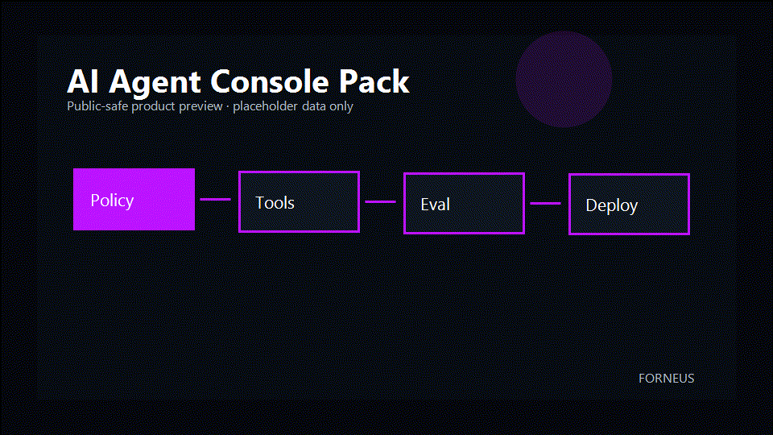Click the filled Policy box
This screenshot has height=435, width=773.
coord(134,199)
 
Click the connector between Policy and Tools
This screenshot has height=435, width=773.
coord(216,199)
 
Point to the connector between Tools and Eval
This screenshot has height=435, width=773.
coord(381,201)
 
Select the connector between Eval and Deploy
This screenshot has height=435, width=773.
coord(545,203)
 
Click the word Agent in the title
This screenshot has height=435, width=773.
coord(155,82)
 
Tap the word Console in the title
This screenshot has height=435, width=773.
coord(269,81)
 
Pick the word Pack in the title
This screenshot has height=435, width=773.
coord(374,81)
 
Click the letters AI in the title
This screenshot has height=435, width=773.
coord(83,81)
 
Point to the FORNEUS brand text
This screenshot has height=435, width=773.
coord(666,379)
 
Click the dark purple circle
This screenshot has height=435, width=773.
coord(564,80)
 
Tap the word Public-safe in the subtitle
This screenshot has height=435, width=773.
coord(97,106)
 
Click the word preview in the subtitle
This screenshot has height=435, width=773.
coord(200,106)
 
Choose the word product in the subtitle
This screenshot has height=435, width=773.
coord(153,106)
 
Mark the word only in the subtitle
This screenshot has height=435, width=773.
coord(341,106)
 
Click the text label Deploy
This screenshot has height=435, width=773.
coord(612,205)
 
